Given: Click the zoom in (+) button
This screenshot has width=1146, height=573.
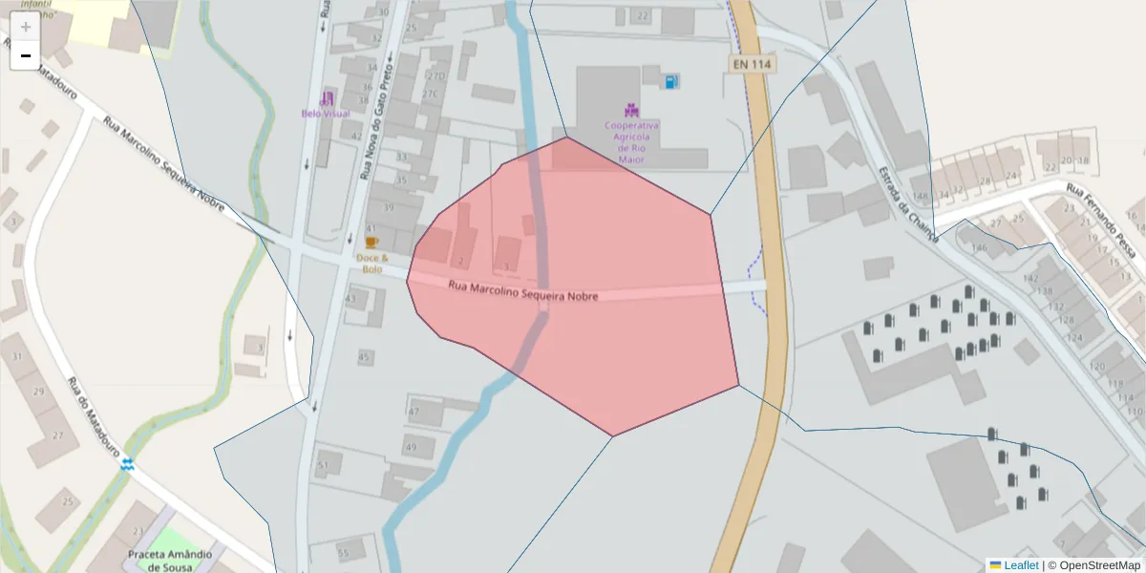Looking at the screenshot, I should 26,27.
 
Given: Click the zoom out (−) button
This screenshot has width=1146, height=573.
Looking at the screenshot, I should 26,55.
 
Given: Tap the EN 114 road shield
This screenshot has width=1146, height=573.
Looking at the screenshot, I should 752,64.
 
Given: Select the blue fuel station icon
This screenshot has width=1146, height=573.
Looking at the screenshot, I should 672,82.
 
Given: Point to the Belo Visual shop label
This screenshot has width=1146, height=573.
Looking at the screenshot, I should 326,113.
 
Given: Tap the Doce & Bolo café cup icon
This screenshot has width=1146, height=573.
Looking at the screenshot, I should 371,243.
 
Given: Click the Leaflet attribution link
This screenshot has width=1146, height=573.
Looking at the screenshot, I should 1020,565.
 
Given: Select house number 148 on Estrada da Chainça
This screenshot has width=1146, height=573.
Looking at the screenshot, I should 921,197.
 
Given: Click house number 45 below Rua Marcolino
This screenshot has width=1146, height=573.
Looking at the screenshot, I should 364,357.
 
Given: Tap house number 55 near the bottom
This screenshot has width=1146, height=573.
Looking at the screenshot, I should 344,554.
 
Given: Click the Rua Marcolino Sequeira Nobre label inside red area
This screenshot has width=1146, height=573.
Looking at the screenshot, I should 523,291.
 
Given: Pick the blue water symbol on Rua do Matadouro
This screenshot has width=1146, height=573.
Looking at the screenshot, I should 127,465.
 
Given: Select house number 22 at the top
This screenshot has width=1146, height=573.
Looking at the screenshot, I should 643,16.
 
